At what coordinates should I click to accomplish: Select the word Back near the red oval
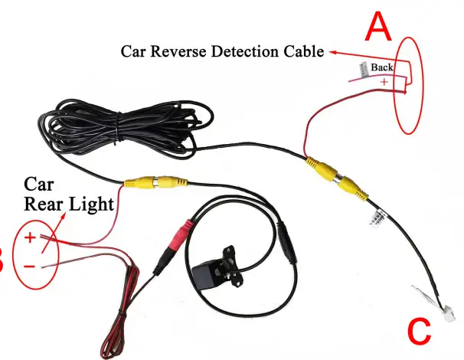(382, 67)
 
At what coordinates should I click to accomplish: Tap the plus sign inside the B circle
(29, 237)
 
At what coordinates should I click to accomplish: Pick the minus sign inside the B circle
(28, 266)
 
